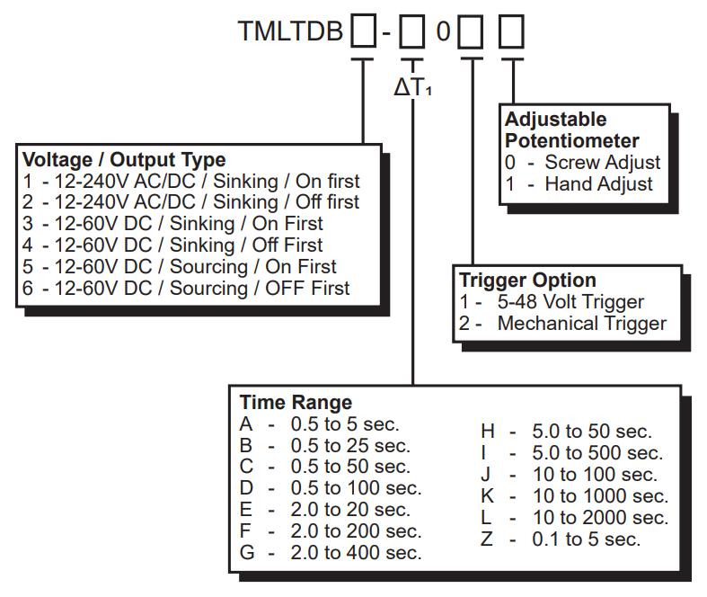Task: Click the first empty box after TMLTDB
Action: point(363,33)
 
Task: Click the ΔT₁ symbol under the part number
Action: point(412,88)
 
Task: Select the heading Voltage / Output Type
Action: point(124,160)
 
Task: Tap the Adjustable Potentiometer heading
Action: point(572,130)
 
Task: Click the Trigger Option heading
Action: point(527,280)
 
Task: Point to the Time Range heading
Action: point(296,402)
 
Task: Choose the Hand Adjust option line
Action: point(579,184)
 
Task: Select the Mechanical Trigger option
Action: point(563,324)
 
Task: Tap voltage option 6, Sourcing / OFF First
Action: point(187,289)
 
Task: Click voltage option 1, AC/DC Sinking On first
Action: point(190,181)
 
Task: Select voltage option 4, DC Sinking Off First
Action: point(173,245)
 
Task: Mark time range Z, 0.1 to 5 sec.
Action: point(561,539)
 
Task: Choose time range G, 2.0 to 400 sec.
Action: point(330,553)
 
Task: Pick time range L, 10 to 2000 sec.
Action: point(574,518)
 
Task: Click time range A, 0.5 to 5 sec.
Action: point(319,423)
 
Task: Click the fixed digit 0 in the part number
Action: point(443,33)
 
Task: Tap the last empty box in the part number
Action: point(512,33)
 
